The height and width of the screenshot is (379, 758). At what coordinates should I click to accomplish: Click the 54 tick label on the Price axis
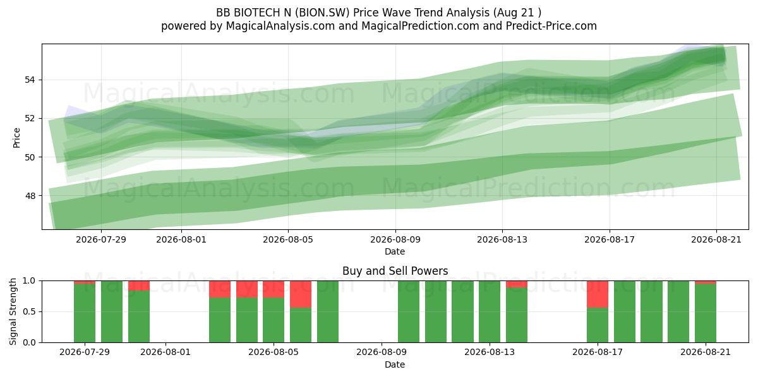point(30,80)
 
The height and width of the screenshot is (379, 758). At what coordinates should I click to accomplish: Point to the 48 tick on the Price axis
point(30,196)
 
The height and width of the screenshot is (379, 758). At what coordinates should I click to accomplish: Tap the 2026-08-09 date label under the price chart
point(395,239)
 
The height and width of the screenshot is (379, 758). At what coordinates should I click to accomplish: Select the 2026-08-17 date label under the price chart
point(610,239)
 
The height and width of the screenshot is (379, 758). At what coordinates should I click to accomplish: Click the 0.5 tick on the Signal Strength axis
point(29,311)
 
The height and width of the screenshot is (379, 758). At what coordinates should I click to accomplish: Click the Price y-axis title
point(16,138)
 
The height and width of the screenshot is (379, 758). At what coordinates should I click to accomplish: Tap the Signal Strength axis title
point(13,311)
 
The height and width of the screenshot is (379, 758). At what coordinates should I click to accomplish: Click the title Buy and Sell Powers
point(395,271)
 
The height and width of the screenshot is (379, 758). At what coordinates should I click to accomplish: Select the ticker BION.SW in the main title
point(323,13)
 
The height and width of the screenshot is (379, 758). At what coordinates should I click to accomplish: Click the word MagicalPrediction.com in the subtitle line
point(420,26)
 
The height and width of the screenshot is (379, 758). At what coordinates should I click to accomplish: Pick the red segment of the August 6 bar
point(301,294)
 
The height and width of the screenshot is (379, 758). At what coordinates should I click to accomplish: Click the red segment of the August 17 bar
point(598,294)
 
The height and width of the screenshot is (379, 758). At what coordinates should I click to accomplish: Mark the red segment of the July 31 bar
point(139,286)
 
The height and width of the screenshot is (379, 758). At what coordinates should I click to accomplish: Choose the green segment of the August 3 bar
point(220,320)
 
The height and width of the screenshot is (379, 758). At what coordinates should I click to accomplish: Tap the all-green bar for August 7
point(328,311)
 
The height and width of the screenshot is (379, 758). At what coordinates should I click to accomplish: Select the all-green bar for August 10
point(409,311)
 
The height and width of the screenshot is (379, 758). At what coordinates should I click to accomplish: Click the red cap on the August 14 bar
point(517,284)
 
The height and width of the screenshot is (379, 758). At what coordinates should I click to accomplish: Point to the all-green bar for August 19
point(651,311)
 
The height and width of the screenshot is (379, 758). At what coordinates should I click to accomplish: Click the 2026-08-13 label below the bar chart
point(490,352)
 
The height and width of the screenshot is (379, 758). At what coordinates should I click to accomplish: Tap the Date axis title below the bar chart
point(395,364)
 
